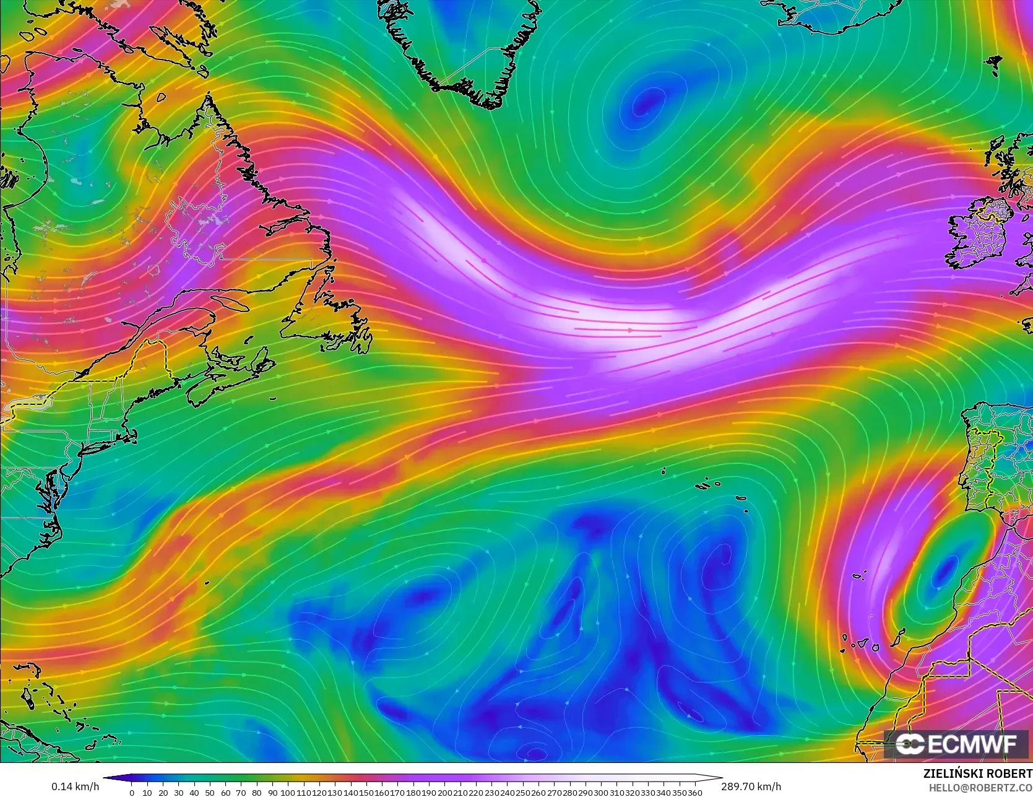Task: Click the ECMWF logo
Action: click(x=956, y=744)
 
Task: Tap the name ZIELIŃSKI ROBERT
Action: click(x=977, y=773)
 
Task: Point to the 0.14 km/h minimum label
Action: click(x=75, y=786)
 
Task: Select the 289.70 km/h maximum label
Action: click(x=751, y=786)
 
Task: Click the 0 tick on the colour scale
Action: click(x=132, y=791)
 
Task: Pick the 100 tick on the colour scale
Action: click(x=287, y=791)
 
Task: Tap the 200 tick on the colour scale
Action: click(x=444, y=791)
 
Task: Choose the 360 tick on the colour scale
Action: click(x=694, y=791)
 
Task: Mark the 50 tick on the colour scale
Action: click(x=210, y=791)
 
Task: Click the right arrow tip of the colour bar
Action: click(x=721, y=778)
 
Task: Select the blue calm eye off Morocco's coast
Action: click(x=944, y=570)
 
